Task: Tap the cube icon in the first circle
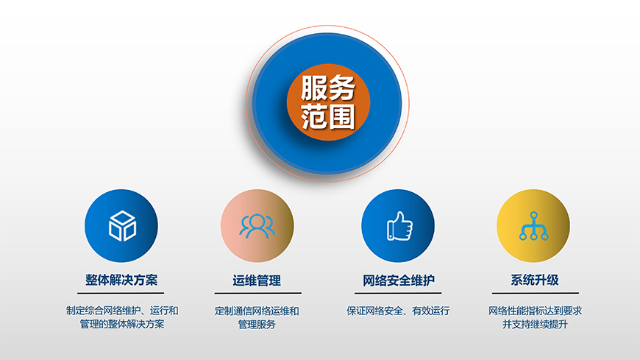[122, 226]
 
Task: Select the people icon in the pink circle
[257, 226]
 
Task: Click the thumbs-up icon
[399, 226]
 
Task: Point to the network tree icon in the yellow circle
[533, 226]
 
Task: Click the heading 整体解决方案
[121, 280]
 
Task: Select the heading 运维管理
[257, 280]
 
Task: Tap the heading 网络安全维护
[398, 280]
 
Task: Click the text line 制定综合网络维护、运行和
[122, 311]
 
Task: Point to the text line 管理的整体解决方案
[122, 324]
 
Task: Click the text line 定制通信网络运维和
[257, 311]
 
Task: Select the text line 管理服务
[257, 324]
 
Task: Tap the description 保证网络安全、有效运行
[398, 311]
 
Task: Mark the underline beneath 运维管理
[257, 293]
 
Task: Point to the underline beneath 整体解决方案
[122, 293]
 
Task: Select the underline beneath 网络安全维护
[398, 293]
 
